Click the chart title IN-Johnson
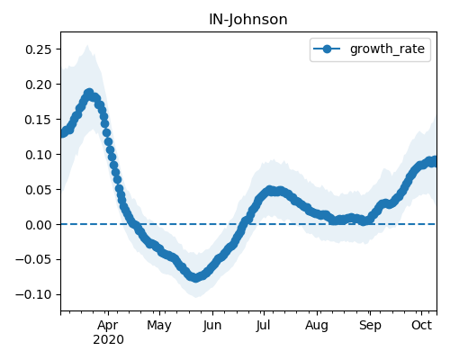[248, 20]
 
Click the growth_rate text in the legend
[387, 49]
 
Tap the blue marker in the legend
[327, 49]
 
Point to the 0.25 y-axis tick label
[39, 49]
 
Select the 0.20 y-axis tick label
[39, 85]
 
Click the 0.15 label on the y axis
[39, 120]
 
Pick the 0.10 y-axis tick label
[39, 155]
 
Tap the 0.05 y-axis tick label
[39, 190]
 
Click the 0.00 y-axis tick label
[39, 225]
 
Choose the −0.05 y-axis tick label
[33, 259]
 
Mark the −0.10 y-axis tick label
[33, 294]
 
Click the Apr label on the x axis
[108, 326]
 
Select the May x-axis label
[159, 326]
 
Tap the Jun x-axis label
[212, 326]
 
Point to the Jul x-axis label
[264, 326]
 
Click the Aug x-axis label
[317, 326]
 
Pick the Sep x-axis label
[370, 326]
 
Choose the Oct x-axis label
[422, 325]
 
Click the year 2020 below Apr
[108, 340]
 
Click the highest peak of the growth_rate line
[89, 94]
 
